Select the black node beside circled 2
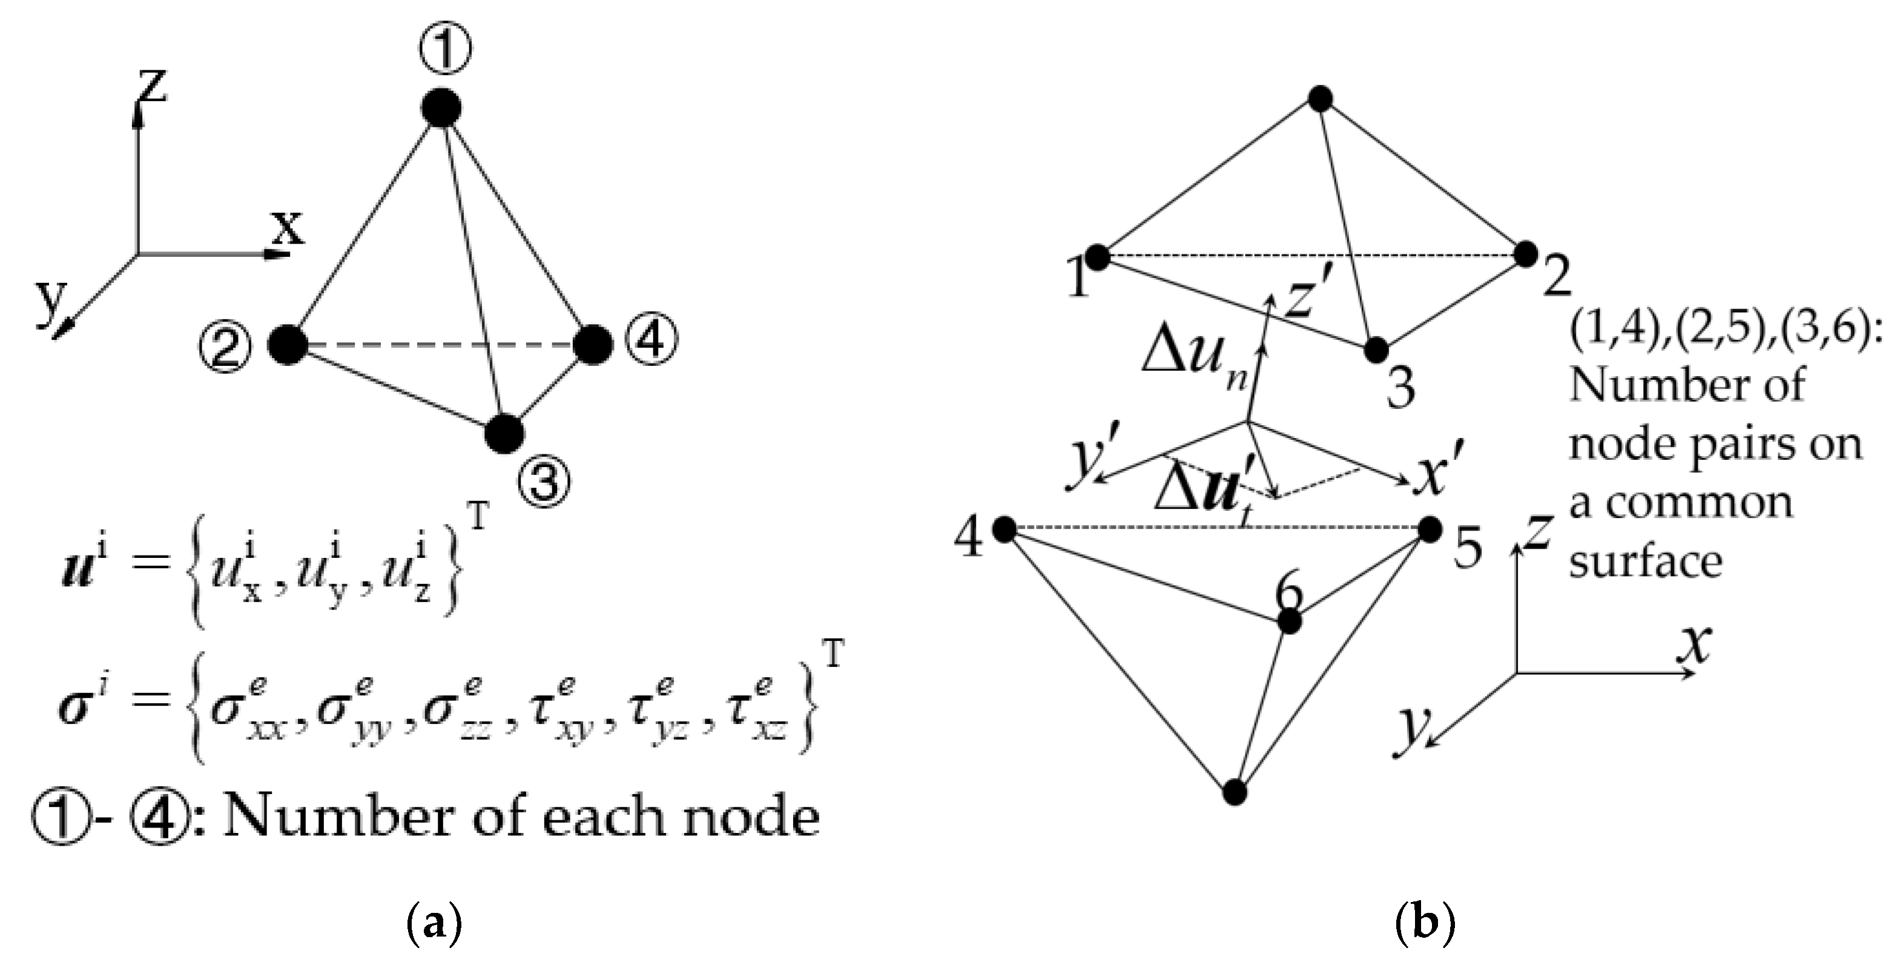[x=287, y=345]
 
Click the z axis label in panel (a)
[x=152, y=85]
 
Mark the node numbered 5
[x=1430, y=529]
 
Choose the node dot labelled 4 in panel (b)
[x=1004, y=529]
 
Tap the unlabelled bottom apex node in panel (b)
[x=1235, y=792]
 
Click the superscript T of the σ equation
[x=834, y=654]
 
